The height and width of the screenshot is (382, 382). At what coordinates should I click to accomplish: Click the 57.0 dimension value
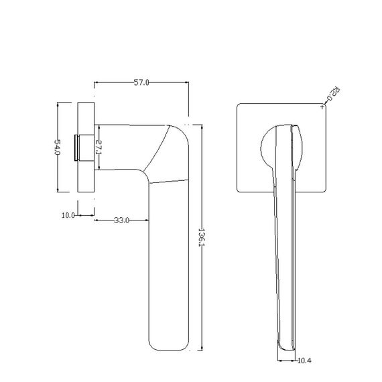(141, 82)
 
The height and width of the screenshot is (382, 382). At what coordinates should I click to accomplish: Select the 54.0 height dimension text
(57, 147)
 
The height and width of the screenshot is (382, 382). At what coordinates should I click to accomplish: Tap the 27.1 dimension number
(99, 147)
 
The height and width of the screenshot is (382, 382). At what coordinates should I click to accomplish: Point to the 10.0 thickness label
(68, 215)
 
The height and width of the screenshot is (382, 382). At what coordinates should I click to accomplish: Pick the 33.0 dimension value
(121, 220)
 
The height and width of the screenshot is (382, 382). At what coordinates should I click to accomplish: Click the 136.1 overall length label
(202, 237)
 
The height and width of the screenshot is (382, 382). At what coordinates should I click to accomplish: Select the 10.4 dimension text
(304, 361)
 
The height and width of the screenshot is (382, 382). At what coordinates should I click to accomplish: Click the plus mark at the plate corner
(322, 107)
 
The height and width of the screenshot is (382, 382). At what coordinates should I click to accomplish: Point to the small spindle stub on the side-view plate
(76, 147)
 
